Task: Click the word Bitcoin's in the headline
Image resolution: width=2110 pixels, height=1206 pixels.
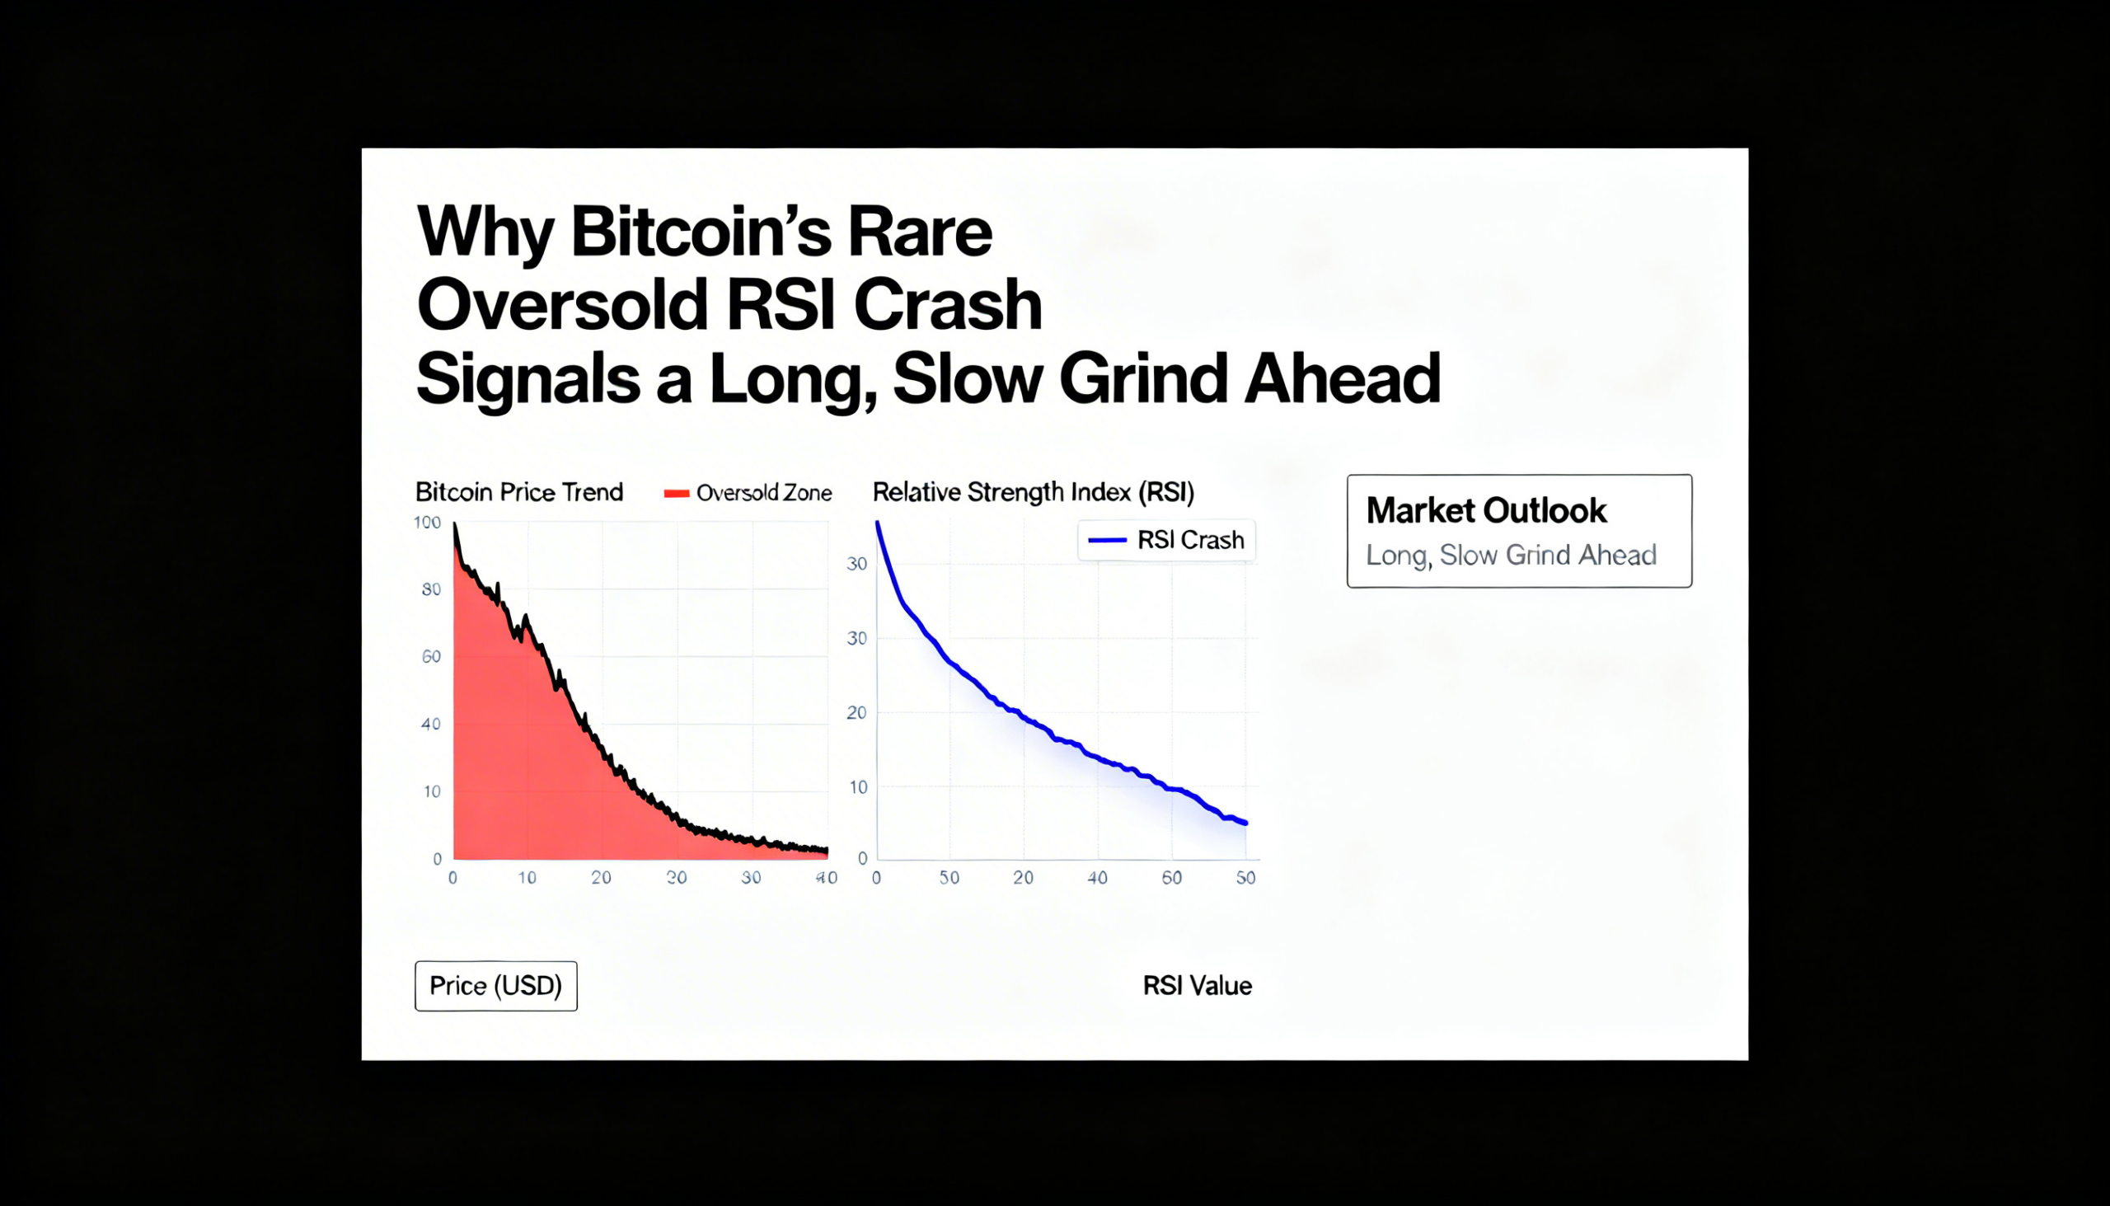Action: point(701,232)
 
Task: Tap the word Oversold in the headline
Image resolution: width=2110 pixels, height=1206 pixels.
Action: point(562,306)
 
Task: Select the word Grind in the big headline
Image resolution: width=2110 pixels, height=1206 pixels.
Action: point(1142,378)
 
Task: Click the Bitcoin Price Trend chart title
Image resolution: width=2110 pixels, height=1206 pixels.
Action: point(518,492)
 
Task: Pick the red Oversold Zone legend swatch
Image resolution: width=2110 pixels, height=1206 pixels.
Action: point(676,494)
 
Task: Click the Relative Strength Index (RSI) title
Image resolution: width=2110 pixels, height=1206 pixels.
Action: point(1033,492)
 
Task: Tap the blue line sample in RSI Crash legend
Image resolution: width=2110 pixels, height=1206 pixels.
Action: point(1107,540)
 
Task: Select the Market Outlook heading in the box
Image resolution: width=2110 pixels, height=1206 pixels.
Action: point(1485,510)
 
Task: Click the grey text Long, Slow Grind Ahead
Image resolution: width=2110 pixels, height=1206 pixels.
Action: point(1511,555)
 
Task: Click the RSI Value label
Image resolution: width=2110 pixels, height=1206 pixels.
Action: point(1197,986)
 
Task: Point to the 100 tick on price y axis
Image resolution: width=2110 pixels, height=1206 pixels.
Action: point(427,523)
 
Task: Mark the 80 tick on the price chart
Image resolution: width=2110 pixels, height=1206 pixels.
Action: point(430,589)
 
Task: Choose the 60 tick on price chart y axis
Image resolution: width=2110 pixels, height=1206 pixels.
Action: point(430,657)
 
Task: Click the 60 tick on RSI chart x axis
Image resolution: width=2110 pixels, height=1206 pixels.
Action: point(1171,878)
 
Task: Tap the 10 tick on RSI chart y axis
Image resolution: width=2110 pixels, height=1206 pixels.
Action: point(858,787)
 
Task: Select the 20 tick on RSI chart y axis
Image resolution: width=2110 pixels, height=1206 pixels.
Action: point(856,712)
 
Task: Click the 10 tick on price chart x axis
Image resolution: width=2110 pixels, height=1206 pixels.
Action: point(527,878)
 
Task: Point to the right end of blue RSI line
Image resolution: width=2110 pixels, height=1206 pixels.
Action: point(1245,824)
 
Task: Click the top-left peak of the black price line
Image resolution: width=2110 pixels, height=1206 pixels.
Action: point(455,524)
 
